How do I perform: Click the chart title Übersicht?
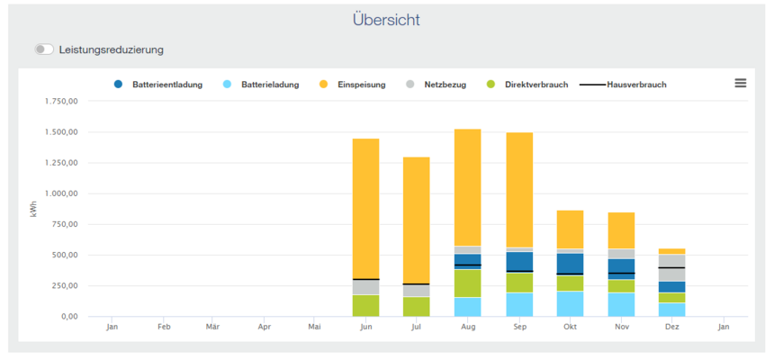pyautogui.click(x=385, y=20)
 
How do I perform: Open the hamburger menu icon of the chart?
pyautogui.click(x=740, y=83)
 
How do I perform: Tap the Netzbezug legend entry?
pyautogui.click(x=441, y=85)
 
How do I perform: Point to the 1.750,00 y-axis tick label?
pyautogui.click(x=61, y=102)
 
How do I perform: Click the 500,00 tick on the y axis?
pyautogui.click(x=67, y=256)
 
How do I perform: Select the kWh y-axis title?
pyautogui.click(x=34, y=209)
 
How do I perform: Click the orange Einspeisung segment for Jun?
pyautogui.click(x=365, y=207)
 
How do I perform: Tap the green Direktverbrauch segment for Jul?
pyautogui.click(x=416, y=306)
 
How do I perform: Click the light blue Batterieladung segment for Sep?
pyautogui.click(x=518, y=304)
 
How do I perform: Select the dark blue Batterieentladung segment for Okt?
pyautogui.click(x=570, y=263)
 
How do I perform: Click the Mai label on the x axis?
pyautogui.click(x=314, y=327)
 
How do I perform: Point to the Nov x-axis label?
pyautogui.click(x=621, y=327)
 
